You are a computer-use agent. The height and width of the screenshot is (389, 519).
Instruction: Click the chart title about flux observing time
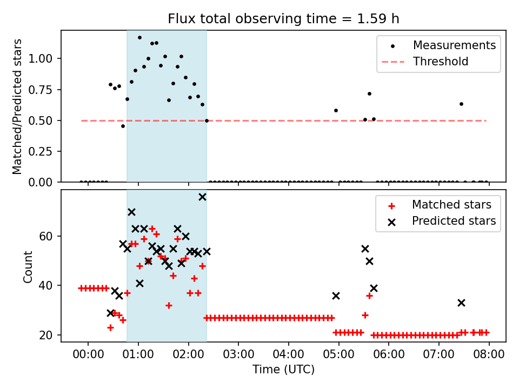click(x=283, y=19)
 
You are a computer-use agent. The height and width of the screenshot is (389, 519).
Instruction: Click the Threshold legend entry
click(x=441, y=62)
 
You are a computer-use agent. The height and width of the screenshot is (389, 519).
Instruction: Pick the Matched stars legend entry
click(x=451, y=205)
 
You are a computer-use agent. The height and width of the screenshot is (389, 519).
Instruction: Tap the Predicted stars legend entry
click(x=454, y=221)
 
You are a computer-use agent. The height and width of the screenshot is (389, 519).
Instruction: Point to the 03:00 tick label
click(x=238, y=355)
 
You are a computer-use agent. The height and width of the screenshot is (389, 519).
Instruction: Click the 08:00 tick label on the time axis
click(x=489, y=355)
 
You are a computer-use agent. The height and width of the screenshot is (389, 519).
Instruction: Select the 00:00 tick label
click(x=88, y=355)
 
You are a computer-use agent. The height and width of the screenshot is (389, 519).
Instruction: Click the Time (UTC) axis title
click(x=283, y=370)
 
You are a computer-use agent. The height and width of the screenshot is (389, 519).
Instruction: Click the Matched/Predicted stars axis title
click(x=18, y=106)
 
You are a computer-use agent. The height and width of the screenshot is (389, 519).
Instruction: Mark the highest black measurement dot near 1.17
click(x=139, y=38)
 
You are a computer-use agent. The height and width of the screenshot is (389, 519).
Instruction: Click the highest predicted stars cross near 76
click(x=202, y=197)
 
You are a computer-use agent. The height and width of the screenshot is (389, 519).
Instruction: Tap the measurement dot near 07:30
click(x=461, y=104)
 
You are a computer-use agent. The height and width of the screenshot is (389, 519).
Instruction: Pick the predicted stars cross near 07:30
click(x=461, y=303)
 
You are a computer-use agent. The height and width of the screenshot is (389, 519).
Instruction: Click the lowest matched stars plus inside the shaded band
click(x=169, y=305)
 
